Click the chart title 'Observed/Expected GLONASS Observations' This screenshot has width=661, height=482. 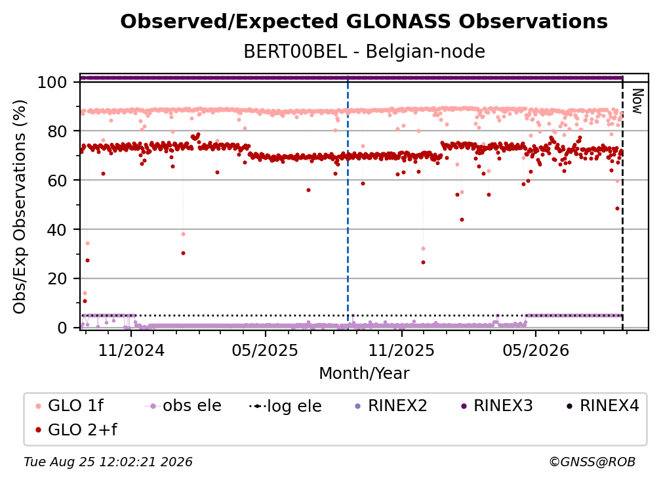click(364, 22)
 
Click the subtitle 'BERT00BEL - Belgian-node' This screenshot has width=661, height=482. click(364, 51)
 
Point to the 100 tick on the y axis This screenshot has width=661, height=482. click(52, 82)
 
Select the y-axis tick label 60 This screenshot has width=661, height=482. click(57, 180)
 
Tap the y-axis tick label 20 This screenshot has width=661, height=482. click(57, 278)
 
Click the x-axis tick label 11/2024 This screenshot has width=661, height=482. click(131, 350)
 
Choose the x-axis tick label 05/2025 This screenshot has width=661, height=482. click(265, 350)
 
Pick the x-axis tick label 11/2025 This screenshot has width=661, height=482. click(401, 350)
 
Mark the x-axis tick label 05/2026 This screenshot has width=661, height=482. click(536, 350)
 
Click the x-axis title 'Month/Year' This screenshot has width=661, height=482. click(364, 374)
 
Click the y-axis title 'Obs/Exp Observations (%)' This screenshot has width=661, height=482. click(20, 206)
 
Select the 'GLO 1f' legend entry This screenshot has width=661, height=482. click(70, 406)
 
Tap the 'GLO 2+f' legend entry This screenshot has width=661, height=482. click(76, 429)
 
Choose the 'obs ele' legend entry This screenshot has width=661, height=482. click(183, 406)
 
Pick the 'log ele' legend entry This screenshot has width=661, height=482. click(285, 406)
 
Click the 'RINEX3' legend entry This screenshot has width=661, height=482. click(498, 406)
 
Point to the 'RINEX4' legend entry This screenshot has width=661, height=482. click(603, 406)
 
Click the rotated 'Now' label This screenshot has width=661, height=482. click(637, 101)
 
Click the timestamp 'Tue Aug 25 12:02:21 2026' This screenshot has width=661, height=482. click(108, 462)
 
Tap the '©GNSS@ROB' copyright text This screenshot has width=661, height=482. click(592, 462)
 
